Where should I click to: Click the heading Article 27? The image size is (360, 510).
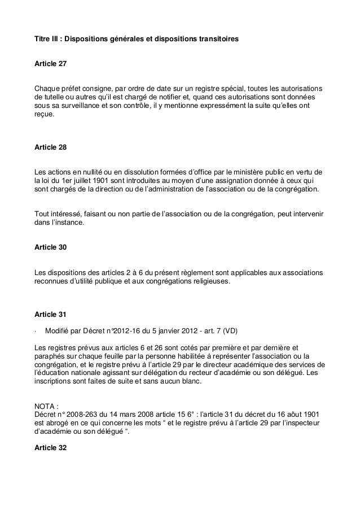[50, 65]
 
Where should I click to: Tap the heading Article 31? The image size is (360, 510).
[50, 313]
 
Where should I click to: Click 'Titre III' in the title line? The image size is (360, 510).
[47, 40]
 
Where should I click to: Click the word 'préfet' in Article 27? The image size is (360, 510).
[70, 89]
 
